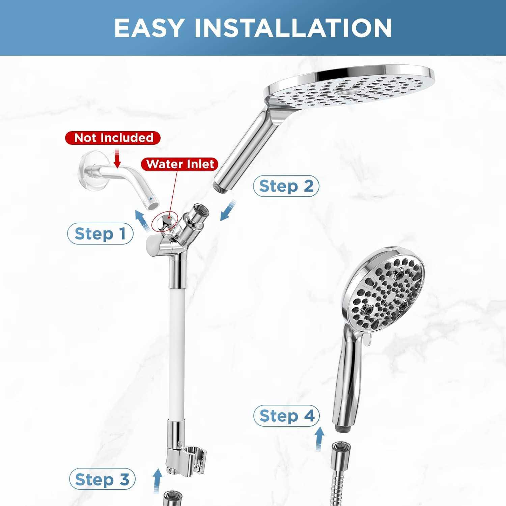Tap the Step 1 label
click(101, 233)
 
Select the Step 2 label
click(286, 186)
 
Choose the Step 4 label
click(286, 416)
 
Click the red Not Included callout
click(113, 138)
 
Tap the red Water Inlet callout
click(180, 164)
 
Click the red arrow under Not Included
click(117, 159)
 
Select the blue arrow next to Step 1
click(143, 220)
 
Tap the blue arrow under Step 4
click(319, 439)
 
